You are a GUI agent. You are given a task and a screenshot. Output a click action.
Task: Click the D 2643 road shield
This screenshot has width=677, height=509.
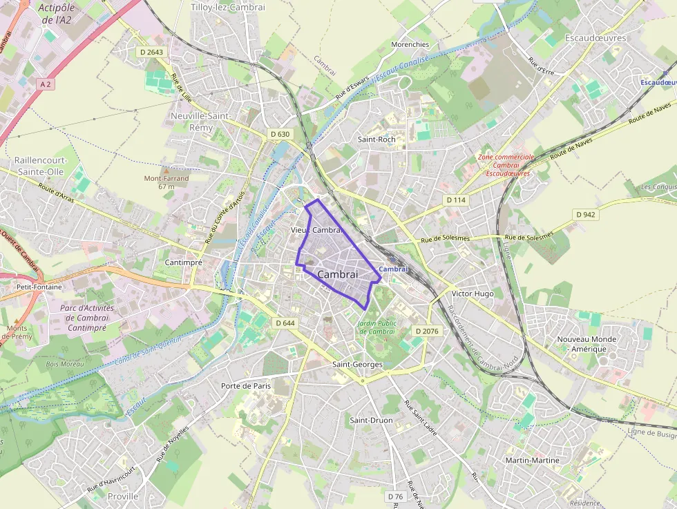coord(151,52)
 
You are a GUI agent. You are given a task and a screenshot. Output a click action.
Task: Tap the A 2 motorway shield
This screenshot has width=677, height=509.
coord(46,84)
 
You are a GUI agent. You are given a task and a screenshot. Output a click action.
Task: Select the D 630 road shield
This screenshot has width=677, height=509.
coord(280,134)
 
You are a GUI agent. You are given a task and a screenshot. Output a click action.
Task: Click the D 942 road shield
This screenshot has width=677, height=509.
coord(586,215)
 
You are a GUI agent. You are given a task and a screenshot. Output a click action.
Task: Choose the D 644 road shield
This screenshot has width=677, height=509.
coord(285,323)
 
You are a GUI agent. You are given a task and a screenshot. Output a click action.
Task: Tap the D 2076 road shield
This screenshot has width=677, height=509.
coord(427,332)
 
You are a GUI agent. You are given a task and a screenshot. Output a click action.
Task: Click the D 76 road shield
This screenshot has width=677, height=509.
coord(395,497)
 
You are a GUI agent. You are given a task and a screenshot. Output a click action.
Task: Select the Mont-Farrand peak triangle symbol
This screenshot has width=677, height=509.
coord(166,169)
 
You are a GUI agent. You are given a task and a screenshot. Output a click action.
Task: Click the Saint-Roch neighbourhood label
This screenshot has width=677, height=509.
coord(376,139)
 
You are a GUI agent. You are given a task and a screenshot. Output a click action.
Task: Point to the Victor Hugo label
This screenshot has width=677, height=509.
coord(473,294)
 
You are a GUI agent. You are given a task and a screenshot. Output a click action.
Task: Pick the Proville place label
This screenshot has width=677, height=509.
coord(123,496)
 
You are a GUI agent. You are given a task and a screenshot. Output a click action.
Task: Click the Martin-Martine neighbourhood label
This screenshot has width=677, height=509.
coord(532,460)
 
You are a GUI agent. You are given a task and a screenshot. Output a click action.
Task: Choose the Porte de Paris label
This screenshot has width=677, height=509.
coord(246,385)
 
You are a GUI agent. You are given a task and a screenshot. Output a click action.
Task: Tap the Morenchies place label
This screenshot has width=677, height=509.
coord(410,45)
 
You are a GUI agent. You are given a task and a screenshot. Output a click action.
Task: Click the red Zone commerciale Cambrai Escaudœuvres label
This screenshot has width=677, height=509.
coord(506,165)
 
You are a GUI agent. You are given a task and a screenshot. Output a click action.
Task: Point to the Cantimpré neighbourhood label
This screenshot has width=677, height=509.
coord(184,262)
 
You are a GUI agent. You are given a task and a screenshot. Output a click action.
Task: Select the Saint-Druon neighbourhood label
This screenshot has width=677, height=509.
coord(371,420)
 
